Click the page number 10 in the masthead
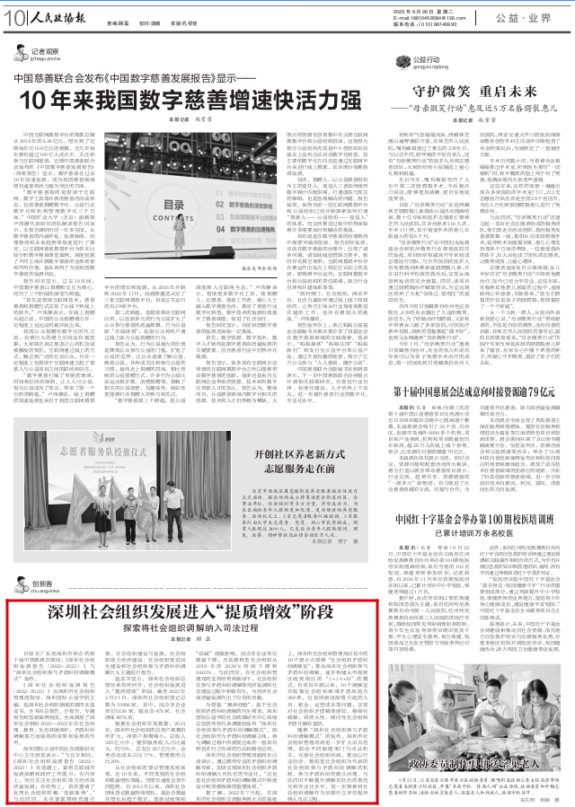(x=15, y=16)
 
